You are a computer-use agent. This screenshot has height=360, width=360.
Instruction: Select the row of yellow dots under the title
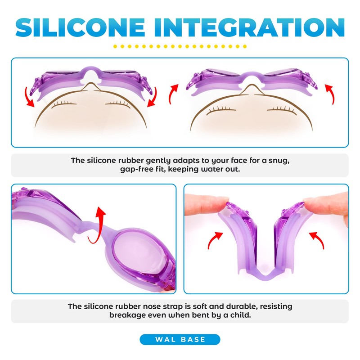tap(180, 46)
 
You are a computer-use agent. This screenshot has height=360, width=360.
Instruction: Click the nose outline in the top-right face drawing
tap(252, 88)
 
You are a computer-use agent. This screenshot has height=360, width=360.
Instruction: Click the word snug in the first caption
tap(276, 161)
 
